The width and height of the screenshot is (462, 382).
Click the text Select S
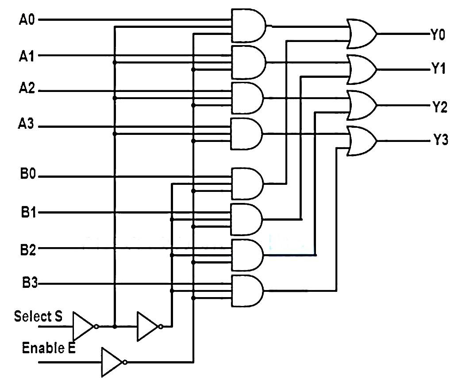coord(38,317)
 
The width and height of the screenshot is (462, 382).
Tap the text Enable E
coord(49,348)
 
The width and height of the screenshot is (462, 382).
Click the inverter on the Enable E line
coord(112,362)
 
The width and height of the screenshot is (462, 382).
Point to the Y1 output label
coord(438,69)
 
